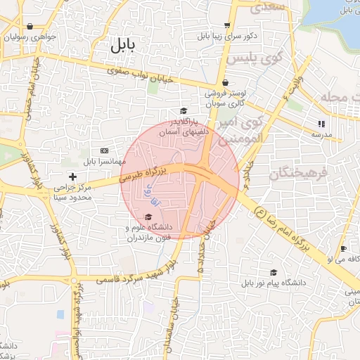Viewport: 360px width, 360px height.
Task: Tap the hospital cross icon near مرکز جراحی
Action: click(72, 176)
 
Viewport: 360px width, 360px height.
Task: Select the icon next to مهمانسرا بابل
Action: click(105, 150)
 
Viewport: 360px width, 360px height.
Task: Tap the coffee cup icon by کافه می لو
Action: click(343, 249)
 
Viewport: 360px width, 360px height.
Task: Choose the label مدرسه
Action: click(322, 134)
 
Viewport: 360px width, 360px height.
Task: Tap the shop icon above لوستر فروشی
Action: click(225, 83)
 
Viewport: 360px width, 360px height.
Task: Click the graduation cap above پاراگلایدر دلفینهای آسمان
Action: click(184, 110)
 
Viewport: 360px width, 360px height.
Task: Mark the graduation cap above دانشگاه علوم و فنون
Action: click(148, 217)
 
